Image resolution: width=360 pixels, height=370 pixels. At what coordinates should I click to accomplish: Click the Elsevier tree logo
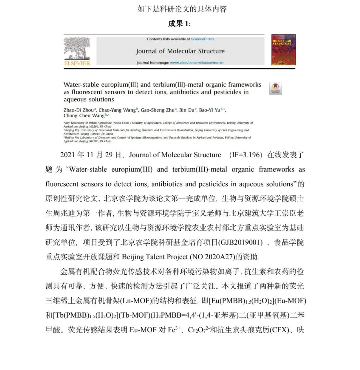[77, 48]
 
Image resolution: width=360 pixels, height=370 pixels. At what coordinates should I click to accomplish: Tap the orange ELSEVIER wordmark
[77, 63]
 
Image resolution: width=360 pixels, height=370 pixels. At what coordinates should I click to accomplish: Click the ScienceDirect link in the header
[202, 39]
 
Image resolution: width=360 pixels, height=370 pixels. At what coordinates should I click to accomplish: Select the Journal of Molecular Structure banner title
[180, 51]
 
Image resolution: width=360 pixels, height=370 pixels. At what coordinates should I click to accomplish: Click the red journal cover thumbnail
[283, 50]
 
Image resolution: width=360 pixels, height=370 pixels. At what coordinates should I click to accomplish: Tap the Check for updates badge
[275, 88]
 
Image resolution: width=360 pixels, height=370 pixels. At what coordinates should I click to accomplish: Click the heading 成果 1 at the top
[180, 24]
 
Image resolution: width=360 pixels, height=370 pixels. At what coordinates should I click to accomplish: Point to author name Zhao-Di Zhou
[79, 110]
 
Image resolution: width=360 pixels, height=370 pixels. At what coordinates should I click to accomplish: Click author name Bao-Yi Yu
[210, 110]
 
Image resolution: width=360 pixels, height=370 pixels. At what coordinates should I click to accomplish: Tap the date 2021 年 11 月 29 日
[91, 155]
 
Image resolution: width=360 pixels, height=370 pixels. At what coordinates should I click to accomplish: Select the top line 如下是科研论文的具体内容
[182, 9]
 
